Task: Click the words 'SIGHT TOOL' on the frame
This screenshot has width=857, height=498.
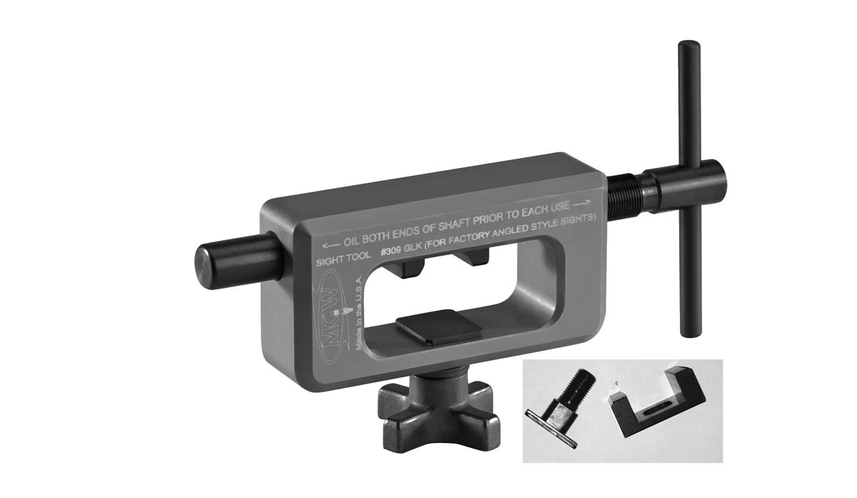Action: click(344, 259)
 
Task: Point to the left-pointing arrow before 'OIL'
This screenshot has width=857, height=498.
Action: click(331, 244)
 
